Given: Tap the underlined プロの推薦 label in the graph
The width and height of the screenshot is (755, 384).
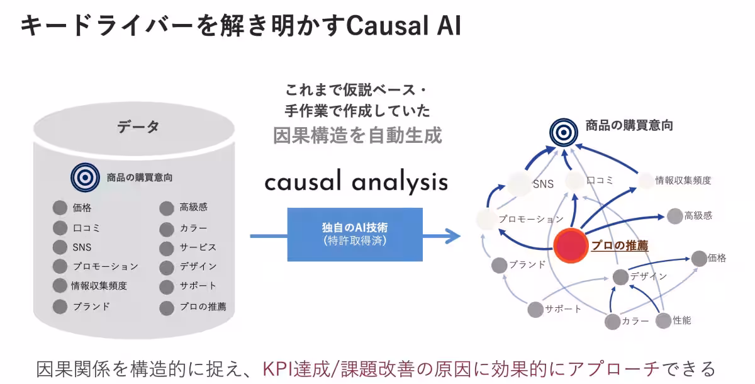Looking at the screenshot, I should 620,246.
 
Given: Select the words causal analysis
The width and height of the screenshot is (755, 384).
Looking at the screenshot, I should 356,182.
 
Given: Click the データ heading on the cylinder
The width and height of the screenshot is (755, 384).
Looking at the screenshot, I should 138,127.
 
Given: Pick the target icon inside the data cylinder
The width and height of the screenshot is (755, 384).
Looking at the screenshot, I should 85,178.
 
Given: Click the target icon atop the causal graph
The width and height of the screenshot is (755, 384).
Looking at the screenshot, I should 563,131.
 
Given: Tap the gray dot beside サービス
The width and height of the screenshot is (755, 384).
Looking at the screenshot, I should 166,247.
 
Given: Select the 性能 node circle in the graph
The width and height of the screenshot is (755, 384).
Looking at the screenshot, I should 664,320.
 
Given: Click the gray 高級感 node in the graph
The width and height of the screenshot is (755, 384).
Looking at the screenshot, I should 674,216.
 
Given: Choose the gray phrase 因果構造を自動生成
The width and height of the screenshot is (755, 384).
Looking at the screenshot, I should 357,135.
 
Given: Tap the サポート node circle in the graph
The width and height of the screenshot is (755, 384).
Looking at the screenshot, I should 535,309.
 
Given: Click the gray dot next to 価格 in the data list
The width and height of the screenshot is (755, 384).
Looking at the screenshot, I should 60,208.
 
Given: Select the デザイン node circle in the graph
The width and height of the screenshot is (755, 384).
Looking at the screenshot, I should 620,276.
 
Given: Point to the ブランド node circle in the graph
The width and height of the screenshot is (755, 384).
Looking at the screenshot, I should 500,265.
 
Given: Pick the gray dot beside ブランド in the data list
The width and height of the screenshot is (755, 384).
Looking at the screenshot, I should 60,307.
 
